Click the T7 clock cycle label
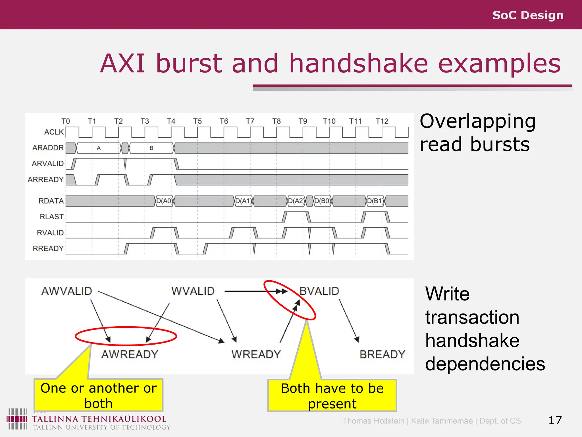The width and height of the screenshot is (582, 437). click(x=250, y=121)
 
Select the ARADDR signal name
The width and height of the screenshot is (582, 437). click(x=48, y=148)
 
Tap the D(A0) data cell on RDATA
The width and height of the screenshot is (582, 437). click(x=164, y=201)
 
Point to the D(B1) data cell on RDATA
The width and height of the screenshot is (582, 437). click(x=375, y=201)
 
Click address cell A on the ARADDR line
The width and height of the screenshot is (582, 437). click(x=99, y=148)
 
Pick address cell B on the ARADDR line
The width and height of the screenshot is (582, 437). click(x=151, y=148)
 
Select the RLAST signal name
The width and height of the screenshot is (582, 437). click(x=51, y=217)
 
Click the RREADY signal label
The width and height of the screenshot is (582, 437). click(x=48, y=248)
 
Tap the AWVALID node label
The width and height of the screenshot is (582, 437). click(x=67, y=291)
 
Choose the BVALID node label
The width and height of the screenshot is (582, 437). click(x=319, y=291)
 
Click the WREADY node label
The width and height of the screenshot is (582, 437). click(x=256, y=354)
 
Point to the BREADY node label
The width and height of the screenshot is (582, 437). click(x=382, y=354)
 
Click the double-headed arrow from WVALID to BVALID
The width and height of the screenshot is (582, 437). click(x=256, y=291)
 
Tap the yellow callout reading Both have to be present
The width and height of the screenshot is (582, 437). click(x=332, y=396)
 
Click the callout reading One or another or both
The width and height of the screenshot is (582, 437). click(x=98, y=395)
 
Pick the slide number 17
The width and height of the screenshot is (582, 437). click(x=555, y=420)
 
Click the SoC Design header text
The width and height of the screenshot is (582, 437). click(x=528, y=15)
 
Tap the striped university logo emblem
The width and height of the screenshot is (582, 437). click(x=17, y=419)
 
